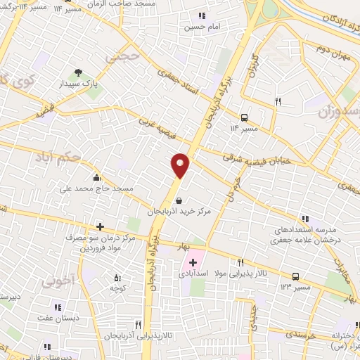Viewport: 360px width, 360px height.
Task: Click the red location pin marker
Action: [181, 165]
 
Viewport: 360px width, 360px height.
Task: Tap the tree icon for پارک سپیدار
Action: [78, 72]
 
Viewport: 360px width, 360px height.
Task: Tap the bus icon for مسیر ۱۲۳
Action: [296, 276]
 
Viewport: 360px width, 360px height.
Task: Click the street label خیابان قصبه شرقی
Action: [262, 160]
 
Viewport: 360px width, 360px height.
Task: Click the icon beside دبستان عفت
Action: [58, 307]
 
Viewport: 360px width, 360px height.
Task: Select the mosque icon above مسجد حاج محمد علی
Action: [96, 177]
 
